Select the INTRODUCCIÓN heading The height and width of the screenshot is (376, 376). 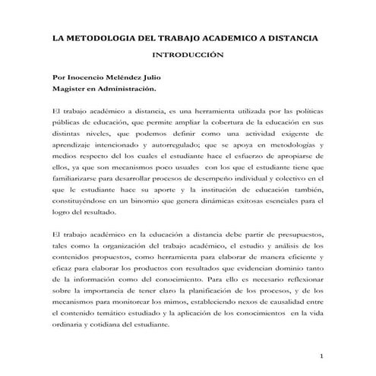click(188, 55)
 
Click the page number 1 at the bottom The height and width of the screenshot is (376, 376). click(322, 357)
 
